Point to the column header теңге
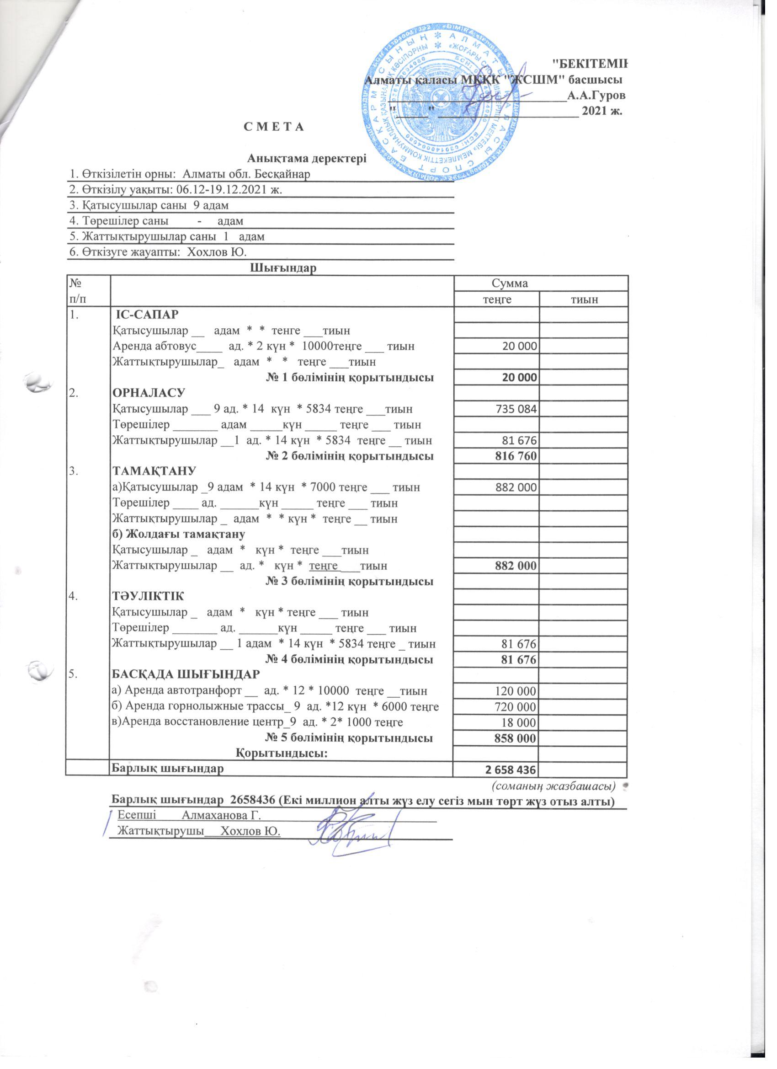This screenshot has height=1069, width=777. [495, 299]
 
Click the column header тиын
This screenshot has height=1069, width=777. [583, 299]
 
